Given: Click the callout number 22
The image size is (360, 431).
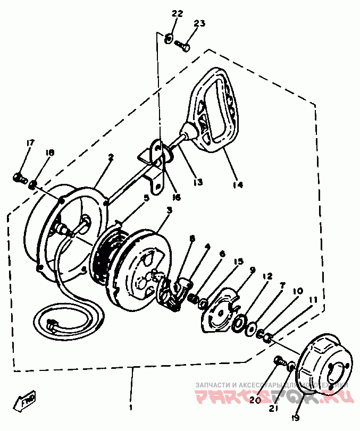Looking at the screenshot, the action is pos(177,13).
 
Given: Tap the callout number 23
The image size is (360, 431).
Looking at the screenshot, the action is pos(199,23).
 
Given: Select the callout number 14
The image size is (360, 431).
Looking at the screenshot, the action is pos(237,185).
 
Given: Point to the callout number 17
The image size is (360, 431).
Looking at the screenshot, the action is pos(30,143).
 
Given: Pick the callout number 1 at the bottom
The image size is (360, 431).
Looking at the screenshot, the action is pos(131,409).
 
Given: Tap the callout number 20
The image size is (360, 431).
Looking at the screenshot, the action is pos(255,399).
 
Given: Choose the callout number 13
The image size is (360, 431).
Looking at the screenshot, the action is pos(198,182).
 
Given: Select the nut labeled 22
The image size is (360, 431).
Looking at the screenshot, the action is pos(168,38).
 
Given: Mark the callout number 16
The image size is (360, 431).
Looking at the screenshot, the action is pos(177,197).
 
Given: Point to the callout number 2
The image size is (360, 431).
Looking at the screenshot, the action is pos(111,157).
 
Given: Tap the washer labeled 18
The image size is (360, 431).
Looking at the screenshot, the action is pos(33,184).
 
